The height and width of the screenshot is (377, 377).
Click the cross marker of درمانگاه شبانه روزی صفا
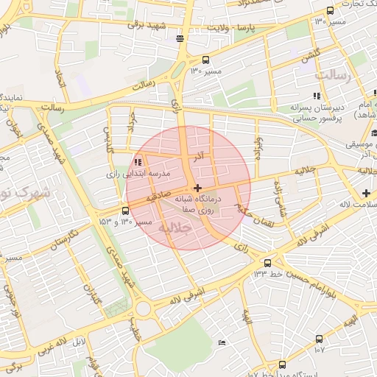pyautogui.click(x=197, y=188)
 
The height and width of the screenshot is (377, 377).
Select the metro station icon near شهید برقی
pyautogui.click(x=180, y=38)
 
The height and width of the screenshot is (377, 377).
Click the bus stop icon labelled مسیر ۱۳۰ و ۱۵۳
pyautogui.click(x=105, y=211)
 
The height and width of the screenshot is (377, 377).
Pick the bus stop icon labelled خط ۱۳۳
pyautogui.click(x=267, y=263)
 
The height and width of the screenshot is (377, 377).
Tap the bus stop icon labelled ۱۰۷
pyautogui.click(x=319, y=339)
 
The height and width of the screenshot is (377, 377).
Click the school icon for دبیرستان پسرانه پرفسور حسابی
pyautogui.click(x=317, y=96)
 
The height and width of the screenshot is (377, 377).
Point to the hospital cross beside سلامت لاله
pyautogui.click(x=366, y=193)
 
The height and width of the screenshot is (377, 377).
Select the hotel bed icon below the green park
pyautogui.click(x=222, y=344)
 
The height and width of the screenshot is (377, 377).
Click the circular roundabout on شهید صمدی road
pyautogui.click(x=143, y=308)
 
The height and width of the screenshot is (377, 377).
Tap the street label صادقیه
pyautogui.click(x=158, y=198)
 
